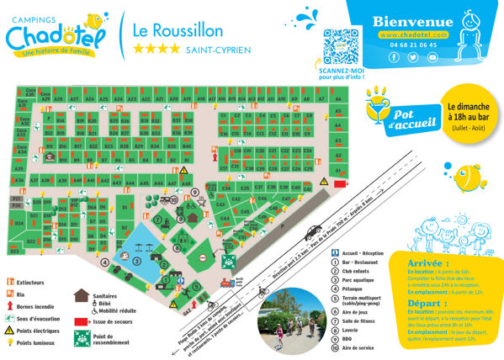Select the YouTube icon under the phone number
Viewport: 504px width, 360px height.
(432, 57)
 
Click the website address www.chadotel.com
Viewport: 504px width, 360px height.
(412, 35)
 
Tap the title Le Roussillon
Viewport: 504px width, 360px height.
(178, 30)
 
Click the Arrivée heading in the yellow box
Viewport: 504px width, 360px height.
(428, 264)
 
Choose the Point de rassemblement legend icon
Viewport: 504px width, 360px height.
(84, 337)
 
